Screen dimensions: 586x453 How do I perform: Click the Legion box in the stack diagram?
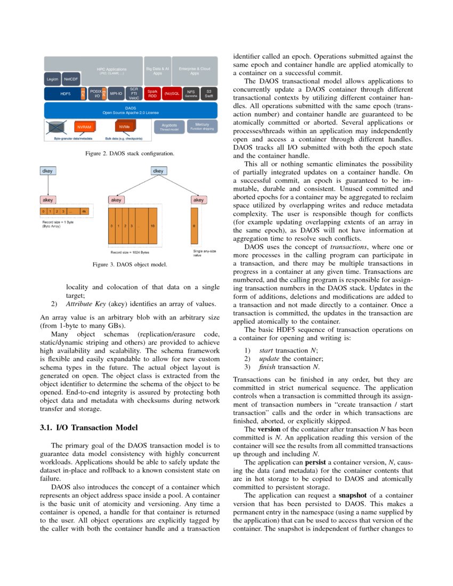pos(52,79)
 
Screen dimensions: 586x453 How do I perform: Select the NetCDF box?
pos(70,79)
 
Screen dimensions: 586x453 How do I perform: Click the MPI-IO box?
pos(116,94)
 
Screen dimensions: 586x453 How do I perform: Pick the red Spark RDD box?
pos(152,94)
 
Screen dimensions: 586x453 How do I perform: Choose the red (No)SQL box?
pos(172,94)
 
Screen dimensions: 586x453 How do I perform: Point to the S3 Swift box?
pos(209,94)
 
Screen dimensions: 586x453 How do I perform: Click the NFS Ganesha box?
pos(191,94)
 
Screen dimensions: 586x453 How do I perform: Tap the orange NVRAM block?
pos(84,128)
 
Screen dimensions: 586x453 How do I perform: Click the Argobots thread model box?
pos(169,126)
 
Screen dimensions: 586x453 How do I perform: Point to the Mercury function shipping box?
pos(202,126)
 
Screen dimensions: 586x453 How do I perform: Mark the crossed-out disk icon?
pos(55,128)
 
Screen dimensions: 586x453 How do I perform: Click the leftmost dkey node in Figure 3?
pos(48,171)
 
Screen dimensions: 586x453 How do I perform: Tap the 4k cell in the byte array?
pos(84,211)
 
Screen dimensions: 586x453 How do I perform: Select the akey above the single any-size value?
pos(198,200)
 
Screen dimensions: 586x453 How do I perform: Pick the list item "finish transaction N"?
pos(289,367)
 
